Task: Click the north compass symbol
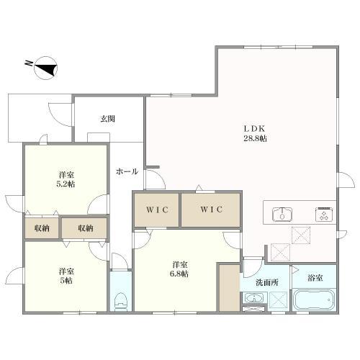coord(46,68)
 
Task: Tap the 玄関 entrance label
coord(107,119)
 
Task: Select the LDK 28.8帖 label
coord(256,133)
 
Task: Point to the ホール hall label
coord(127,171)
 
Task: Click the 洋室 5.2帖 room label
coord(66,179)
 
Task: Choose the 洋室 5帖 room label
coord(66,276)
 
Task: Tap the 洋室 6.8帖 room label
coord(180,269)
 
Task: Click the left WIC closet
coord(156,210)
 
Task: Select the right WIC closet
coord(210,210)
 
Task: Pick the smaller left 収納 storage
coord(42,228)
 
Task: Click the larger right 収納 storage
coord(84,228)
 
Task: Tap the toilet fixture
coord(121,302)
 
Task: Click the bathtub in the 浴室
coord(314,300)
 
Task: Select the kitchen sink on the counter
coord(282,213)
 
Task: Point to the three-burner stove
coord(324,214)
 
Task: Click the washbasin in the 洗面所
coord(254,298)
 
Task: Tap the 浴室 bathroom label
coord(315,278)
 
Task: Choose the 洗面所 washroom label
coord(266,283)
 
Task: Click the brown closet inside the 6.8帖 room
coord(230,287)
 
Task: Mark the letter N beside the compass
coord(29,63)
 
